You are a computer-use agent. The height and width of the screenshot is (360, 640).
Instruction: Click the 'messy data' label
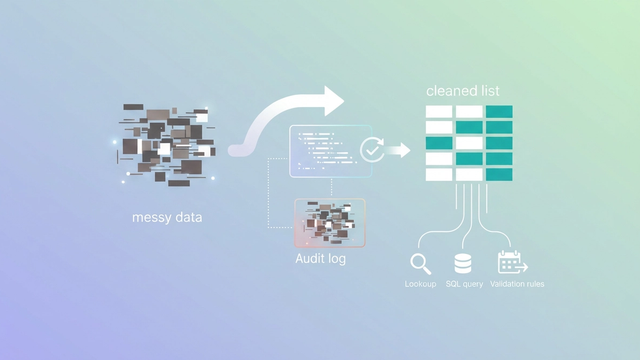tap(167, 216)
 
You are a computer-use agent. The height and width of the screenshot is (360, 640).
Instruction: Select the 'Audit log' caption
tap(321, 258)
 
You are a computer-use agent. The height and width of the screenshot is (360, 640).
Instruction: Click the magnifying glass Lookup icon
tap(420, 263)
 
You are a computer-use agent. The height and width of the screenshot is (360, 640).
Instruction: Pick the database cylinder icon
tap(463, 263)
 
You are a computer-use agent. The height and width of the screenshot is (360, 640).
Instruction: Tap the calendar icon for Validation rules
tap(511, 263)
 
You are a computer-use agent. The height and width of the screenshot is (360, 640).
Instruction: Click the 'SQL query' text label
tap(464, 284)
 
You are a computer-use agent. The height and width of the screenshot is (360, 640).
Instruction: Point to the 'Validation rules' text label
tap(517, 284)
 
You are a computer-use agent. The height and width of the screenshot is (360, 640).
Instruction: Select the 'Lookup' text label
tap(420, 284)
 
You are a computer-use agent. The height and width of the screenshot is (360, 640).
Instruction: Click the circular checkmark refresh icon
tap(372, 150)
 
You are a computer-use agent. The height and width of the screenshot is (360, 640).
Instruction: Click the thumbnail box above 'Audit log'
tap(329, 222)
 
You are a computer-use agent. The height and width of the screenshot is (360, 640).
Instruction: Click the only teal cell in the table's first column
tap(439, 143)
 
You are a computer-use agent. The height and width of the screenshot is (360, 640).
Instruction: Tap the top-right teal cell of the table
tap(499, 112)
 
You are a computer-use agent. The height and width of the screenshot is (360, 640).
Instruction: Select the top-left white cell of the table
tap(439, 112)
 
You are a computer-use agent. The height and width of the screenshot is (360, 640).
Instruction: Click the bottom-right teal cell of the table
tap(499, 174)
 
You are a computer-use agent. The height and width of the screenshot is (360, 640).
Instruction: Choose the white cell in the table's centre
tap(469, 143)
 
